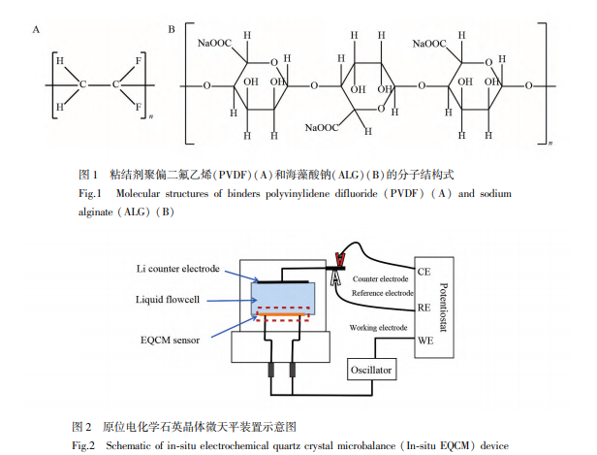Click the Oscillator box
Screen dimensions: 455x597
[x=371, y=371]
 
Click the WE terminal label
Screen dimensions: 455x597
[x=425, y=341]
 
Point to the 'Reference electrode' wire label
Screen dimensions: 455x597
[x=381, y=292]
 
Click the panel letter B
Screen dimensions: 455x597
[x=172, y=30]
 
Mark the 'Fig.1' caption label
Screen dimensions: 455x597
[x=89, y=194]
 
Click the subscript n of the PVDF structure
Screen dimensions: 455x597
[x=153, y=117]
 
